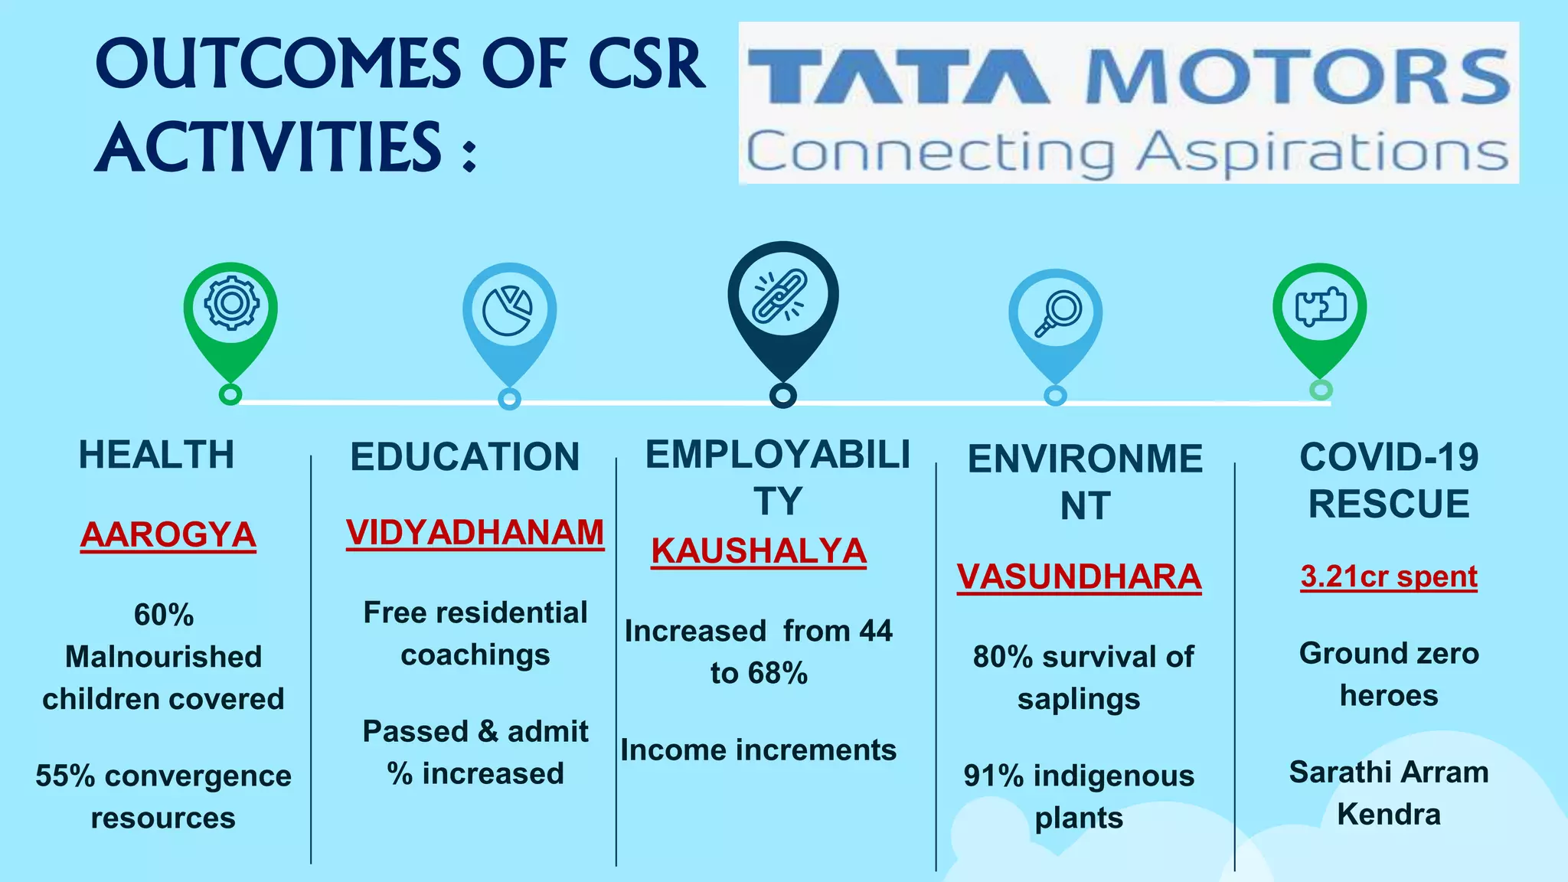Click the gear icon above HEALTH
[231, 304]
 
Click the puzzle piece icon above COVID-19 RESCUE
[1320, 307]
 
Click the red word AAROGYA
[168, 534]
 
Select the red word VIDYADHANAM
[475, 533]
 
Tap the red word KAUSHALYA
[758, 551]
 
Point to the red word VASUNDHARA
[1079, 577]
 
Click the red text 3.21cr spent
[1388, 577]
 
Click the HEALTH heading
[156, 455]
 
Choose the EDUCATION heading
[465, 457]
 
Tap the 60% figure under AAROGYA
[164, 615]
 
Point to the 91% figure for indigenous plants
[993, 776]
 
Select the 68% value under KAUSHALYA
[778, 674]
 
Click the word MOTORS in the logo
[1297, 77]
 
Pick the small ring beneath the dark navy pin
[782, 396]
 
